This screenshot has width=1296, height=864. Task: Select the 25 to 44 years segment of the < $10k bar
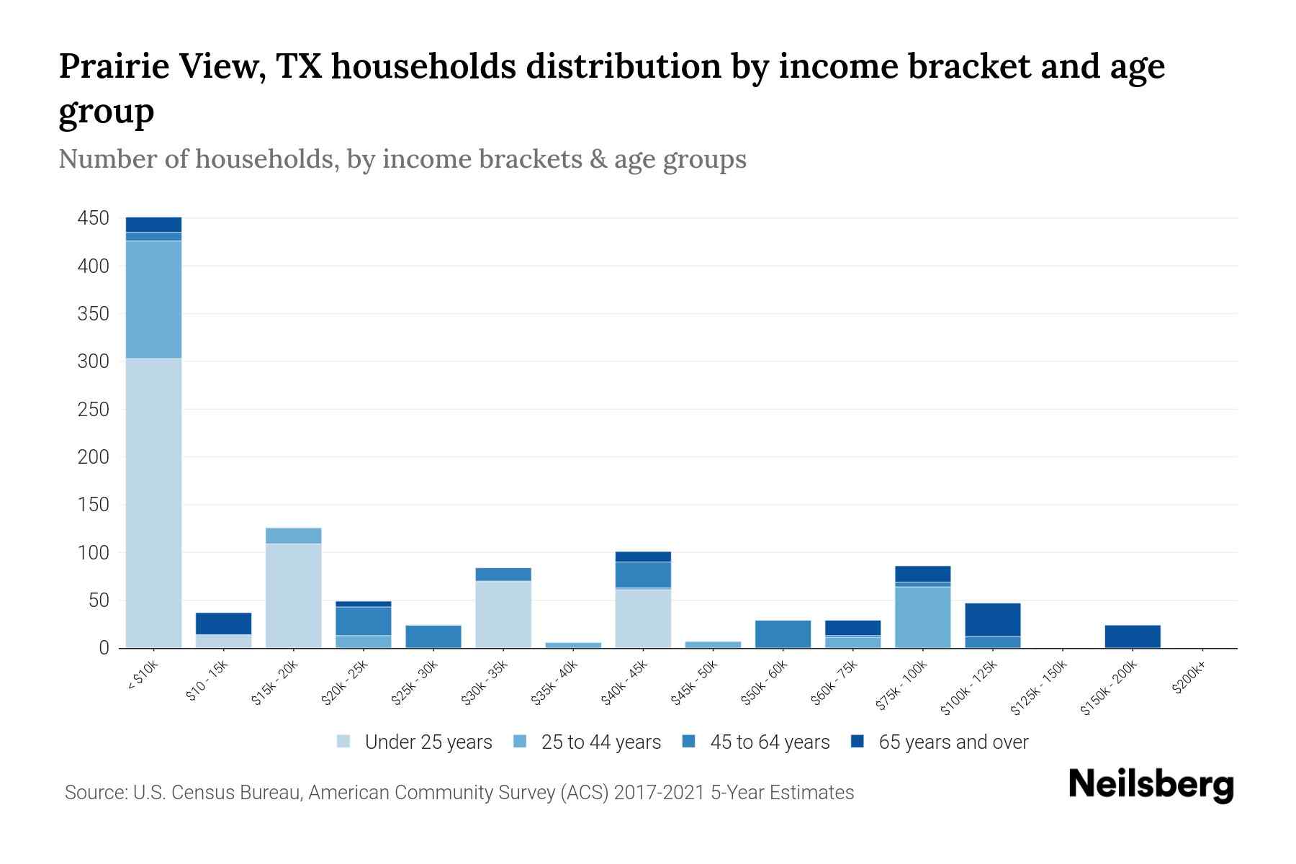click(153, 299)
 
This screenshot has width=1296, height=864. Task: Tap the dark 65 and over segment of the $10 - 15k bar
click(223, 623)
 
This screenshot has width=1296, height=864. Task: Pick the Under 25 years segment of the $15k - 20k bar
click(293, 595)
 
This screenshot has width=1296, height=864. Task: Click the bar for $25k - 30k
click(433, 636)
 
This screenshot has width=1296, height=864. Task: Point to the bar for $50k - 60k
click(783, 634)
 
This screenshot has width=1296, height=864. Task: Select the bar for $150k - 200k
click(1133, 636)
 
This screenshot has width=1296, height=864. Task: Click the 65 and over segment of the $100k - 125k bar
click(993, 619)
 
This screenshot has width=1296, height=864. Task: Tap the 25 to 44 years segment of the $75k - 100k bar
click(923, 617)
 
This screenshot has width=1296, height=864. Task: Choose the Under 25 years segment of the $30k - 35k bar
click(503, 614)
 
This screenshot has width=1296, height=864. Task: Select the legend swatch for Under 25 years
click(344, 742)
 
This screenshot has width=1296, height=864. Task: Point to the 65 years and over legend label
click(953, 742)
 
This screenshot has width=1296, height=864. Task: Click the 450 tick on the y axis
click(94, 218)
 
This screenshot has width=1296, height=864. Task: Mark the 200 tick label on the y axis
click(94, 457)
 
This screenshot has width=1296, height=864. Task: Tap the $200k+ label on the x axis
click(1189, 679)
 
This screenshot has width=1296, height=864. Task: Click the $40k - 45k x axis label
click(625, 683)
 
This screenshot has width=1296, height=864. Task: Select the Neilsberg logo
click(1151, 785)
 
